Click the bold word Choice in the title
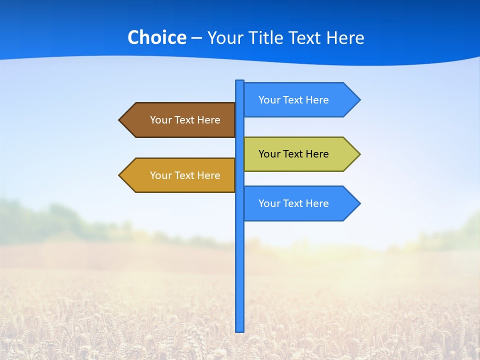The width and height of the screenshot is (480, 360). coord(156,37)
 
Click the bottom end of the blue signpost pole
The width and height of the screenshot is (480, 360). coord(240,330)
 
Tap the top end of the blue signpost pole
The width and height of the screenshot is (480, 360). coord(240,81)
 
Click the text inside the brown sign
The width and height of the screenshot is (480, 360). coord(185,120)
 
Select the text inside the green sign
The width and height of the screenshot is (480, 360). coord(293,154)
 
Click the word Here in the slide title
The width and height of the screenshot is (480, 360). coord(345,37)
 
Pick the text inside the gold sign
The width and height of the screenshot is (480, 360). coord(185,175)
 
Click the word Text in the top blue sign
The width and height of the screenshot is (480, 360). coord(293,100)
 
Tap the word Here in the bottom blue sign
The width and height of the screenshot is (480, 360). coord(317,203)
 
